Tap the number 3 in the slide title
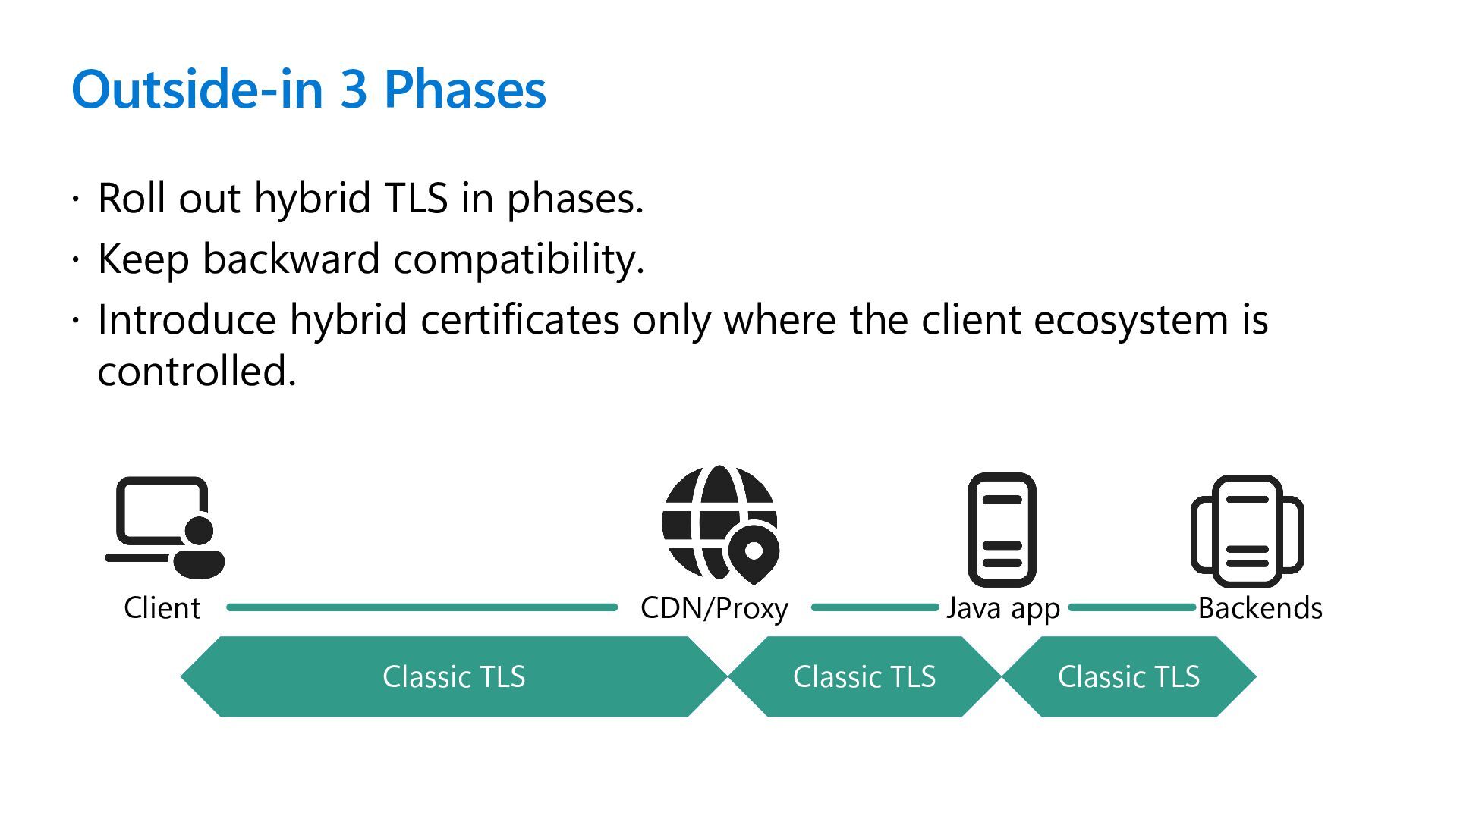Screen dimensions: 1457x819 (354, 89)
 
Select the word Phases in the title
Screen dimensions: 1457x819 (464, 89)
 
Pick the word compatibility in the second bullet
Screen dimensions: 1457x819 (518, 259)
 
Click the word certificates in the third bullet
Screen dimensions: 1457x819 (520, 320)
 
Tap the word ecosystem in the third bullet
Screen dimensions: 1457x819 (1131, 320)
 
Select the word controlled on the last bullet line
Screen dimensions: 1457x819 (196, 372)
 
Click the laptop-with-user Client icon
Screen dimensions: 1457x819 (165, 528)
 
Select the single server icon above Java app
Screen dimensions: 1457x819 (1002, 529)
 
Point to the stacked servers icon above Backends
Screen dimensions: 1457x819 (1247, 531)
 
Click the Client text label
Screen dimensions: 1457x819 (162, 608)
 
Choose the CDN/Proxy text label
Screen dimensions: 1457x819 (714, 608)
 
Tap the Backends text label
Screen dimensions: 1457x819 (1260, 608)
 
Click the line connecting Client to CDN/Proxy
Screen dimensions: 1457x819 (422, 607)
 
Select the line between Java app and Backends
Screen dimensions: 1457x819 (1131, 607)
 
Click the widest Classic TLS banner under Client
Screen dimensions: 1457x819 (454, 676)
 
